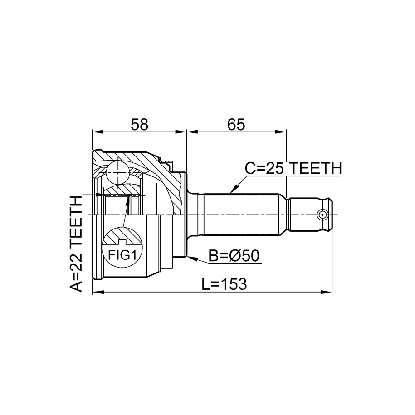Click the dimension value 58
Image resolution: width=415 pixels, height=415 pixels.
pos(139,124)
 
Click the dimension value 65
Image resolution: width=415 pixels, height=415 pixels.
pos(236,124)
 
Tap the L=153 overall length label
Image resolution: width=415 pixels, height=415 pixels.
pos(224,284)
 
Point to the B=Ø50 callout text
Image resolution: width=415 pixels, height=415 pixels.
pos(234,256)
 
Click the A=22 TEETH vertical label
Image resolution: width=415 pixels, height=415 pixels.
pos(76,244)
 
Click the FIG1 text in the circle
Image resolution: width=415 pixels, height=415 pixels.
pos(122,255)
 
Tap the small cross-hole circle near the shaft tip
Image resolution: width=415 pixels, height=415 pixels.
pos(322,215)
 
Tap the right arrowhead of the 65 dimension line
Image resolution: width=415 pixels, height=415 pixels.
pos(281,132)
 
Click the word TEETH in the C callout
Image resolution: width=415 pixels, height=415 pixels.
pos(315,168)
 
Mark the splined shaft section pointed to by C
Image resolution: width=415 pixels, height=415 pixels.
pos(241,215)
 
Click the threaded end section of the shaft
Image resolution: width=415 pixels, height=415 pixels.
pos(310,215)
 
